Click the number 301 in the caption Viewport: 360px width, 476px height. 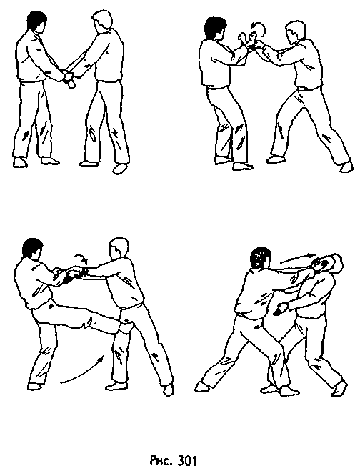click(x=185, y=460)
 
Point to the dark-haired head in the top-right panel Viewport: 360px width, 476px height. click(x=212, y=31)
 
